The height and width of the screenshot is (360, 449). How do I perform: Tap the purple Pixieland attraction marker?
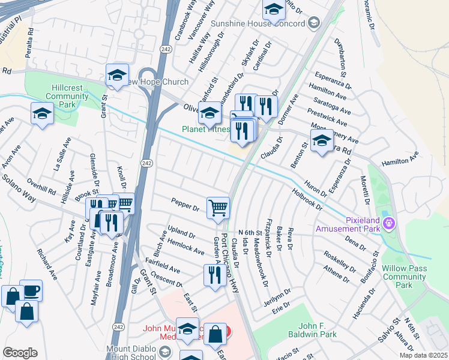tap(390, 224)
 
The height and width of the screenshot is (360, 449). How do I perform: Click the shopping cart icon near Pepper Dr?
tap(218, 208)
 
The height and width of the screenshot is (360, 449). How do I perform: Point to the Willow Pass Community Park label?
tap(405, 277)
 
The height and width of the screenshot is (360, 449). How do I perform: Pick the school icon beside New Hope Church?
tap(117, 74)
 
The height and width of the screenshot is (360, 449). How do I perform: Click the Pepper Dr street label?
tap(185, 204)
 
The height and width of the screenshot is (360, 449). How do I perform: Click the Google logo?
tap(20, 353)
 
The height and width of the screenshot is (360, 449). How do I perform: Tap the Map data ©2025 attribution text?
tap(424, 355)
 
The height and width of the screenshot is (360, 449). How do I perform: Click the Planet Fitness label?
tap(205, 129)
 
